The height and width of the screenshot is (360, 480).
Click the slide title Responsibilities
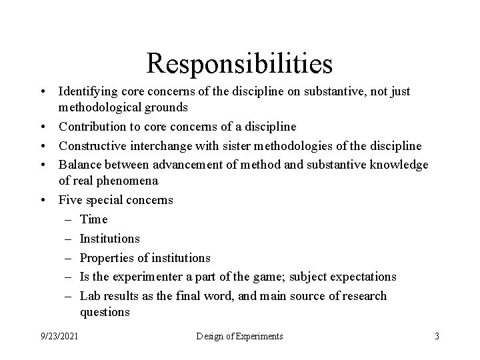point(239,63)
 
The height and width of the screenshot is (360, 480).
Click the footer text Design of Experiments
point(239,336)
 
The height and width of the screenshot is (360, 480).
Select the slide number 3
point(437,336)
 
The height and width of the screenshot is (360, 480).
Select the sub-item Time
point(93,219)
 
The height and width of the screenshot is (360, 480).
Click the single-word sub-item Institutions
point(109,238)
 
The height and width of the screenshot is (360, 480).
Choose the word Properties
point(105,257)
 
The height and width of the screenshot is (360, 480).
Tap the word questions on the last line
point(104,311)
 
